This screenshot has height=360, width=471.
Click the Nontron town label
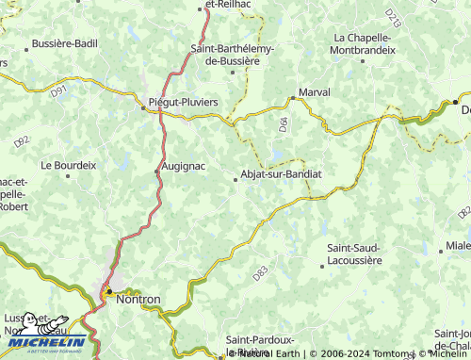pyautogui.click(x=138, y=299)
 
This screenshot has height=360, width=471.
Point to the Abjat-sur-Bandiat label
pyautogui.click(x=282, y=174)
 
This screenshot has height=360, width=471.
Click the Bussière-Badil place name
pyautogui.click(x=64, y=43)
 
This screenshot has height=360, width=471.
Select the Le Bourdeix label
pyautogui.click(x=68, y=164)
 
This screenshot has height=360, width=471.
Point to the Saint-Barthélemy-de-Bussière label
pyautogui.click(x=232, y=55)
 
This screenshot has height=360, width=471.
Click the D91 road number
pyautogui.click(x=59, y=91)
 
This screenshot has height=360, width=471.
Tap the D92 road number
pyautogui.click(x=22, y=141)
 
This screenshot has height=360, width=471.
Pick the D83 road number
pyautogui.click(x=260, y=273)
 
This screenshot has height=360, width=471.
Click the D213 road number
pyautogui.click(x=392, y=16)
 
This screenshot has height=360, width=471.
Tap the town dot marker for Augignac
pyautogui.click(x=156, y=171)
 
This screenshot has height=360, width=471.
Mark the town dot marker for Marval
pyautogui.click(x=291, y=96)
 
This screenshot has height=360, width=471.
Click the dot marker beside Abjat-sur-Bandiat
pyautogui.click(x=235, y=179)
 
